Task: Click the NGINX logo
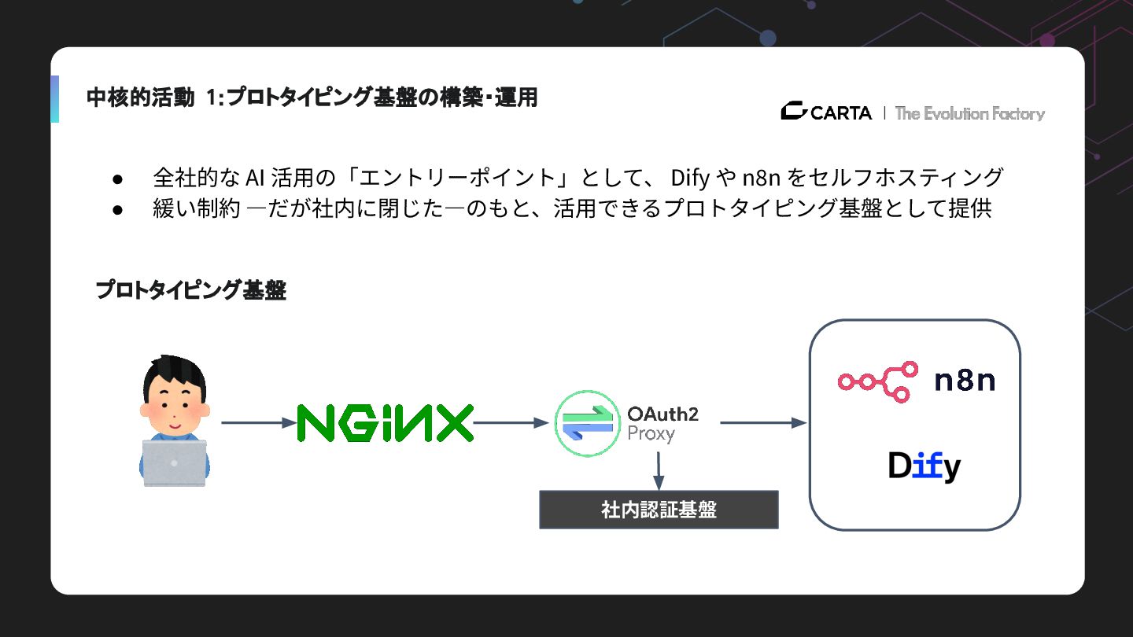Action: pos(386,423)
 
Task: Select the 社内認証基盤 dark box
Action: pos(659,510)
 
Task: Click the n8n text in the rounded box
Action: pos(965,381)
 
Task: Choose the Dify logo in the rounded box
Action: pos(924,466)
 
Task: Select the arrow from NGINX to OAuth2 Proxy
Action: pos(510,423)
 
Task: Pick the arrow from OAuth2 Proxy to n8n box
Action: pos(763,423)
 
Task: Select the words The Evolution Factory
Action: pos(969,113)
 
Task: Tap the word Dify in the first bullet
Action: pos(690,178)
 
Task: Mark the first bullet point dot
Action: pos(116,179)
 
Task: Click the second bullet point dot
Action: pos(116,210)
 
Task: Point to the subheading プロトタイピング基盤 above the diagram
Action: pos(190,290)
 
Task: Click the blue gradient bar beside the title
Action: pos(54,99)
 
